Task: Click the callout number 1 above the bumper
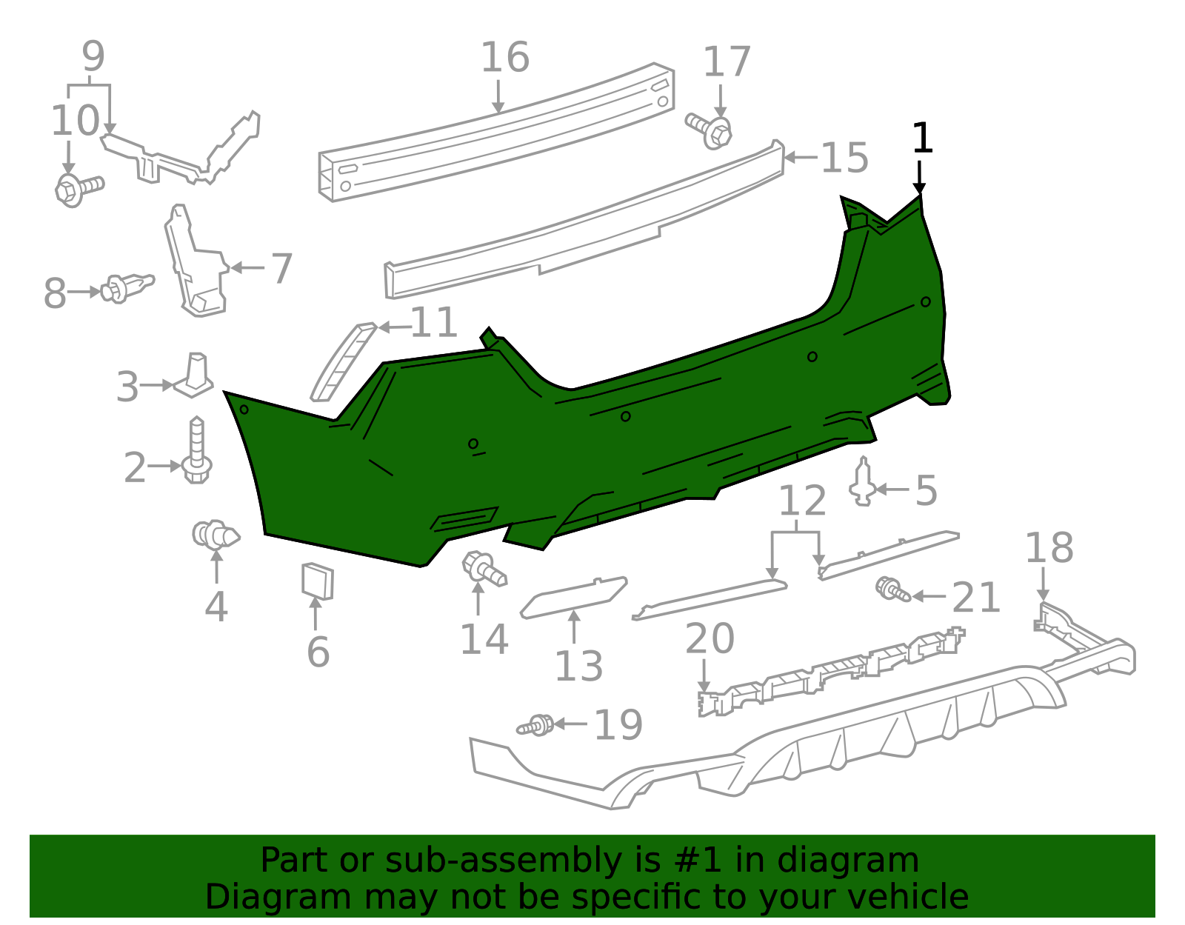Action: (x=921, y=138)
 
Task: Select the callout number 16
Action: (x=505, y=58)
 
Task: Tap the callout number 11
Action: (x=434, y=324)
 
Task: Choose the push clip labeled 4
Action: (x=215, y=534)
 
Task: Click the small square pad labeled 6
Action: (x=317, y=581)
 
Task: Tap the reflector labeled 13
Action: (x=574, y=596)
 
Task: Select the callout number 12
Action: (x=802, y=501)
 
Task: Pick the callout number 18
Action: (x=1049, y=549)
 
